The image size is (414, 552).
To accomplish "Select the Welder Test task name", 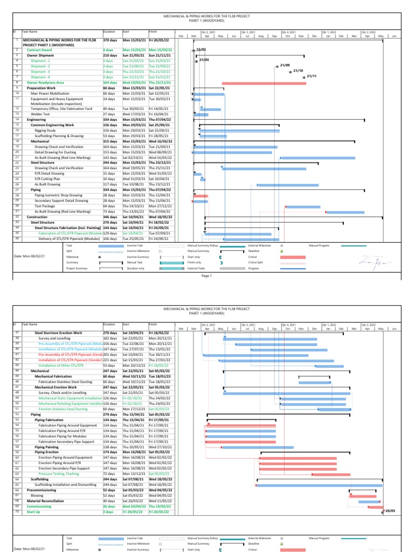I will [40, 114].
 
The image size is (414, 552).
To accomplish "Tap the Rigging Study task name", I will [45, 130].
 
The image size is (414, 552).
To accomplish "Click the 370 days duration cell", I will [110, 40].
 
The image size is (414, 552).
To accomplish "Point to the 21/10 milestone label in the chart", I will [298, 70].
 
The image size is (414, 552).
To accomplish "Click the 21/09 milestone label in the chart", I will [285, 65].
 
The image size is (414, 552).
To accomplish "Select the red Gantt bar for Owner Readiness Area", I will [264, 82].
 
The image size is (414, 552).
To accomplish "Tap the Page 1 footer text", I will [207, 275].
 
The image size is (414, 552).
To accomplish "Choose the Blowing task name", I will [37, 495].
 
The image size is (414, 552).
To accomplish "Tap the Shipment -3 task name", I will [40, 71].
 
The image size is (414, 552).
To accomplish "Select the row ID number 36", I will [17, 238].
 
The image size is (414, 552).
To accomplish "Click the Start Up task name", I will [33, 512].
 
